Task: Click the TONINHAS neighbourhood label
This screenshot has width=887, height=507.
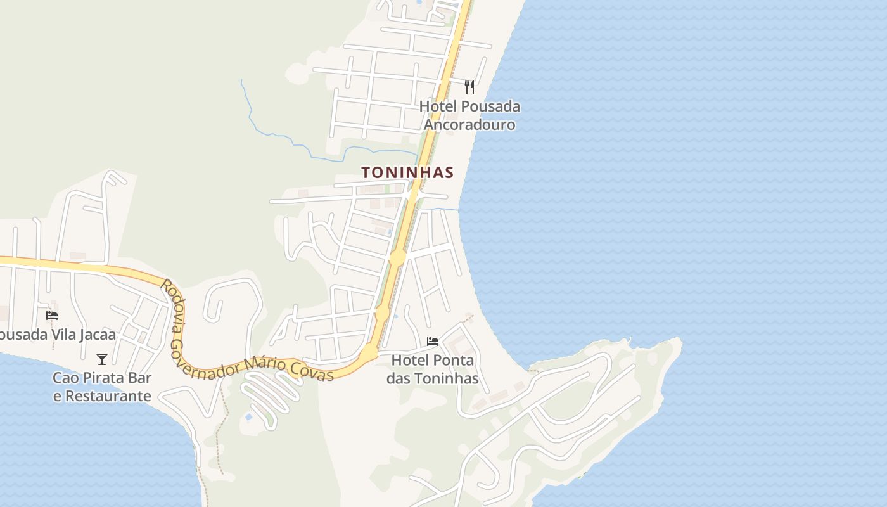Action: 407,172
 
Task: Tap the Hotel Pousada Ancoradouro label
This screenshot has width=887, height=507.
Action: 469,115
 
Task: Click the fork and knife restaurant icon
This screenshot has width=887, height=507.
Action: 469,87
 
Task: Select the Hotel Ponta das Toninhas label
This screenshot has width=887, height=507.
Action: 433,370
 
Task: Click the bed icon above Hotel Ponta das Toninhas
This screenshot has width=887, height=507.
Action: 433,342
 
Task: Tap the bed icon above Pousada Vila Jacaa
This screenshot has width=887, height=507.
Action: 52,315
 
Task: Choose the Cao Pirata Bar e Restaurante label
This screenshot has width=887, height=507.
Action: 102,387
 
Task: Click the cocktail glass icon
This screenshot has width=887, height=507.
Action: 101,359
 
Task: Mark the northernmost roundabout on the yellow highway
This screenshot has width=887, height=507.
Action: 397,258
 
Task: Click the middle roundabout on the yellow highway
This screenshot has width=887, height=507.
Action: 382,313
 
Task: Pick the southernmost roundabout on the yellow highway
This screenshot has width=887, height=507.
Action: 369,352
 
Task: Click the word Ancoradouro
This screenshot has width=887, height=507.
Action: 469,124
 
